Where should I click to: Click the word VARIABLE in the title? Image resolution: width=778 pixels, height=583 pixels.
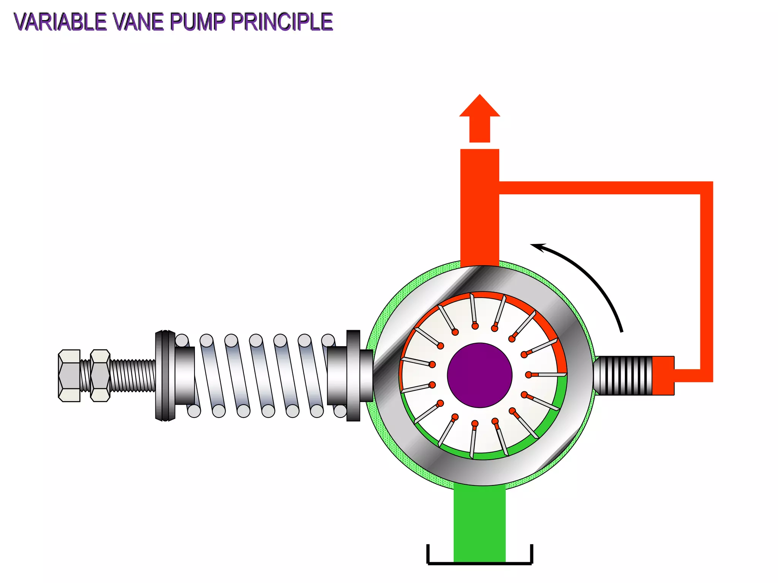click(x=61, y=22)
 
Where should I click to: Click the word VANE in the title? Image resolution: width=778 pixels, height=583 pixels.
click(x=139, y=22)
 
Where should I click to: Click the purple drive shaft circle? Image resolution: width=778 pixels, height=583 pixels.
click(x=479, y=375)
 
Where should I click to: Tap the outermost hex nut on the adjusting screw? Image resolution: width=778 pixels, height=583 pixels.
click(x=69, y=375)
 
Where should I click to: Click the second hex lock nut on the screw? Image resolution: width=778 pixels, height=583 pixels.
click(x=100, y=375)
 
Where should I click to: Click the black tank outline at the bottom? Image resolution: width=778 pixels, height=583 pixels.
click(x=479, y=563)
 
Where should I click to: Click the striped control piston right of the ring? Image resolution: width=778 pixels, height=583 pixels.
click(x=623, y=375)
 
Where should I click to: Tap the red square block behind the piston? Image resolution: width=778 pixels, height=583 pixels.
click(x=663, y=375)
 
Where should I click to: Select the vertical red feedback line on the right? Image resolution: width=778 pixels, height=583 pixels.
click(x=706, y=281)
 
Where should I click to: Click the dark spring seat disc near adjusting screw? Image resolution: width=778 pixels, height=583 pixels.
click(x=165, y=375)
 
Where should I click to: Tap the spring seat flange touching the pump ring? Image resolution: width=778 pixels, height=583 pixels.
click(x=353, y=375)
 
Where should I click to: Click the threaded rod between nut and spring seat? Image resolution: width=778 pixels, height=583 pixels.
click(x=133, y=375)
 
